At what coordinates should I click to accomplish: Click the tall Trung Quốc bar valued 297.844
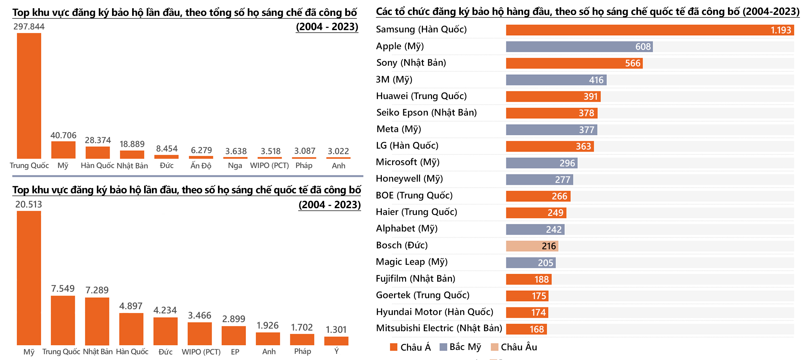(29, 96)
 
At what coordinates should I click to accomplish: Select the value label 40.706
(63, 135)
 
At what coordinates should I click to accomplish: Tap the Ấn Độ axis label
(201, 165)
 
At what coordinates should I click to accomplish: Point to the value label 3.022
(338, 151)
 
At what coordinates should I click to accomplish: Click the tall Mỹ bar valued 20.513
(29, 278)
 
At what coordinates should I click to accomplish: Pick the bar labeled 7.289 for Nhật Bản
(97, 321)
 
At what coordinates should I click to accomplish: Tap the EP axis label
(235, 352)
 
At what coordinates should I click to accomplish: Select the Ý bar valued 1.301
(336, 341)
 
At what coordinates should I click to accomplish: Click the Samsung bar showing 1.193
(649, 30)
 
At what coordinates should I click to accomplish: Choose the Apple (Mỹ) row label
(400, 46)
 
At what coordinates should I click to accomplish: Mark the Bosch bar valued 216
(532, 246)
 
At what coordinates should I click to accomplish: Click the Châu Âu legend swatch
(494, 347)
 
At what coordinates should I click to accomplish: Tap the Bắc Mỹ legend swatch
(443, 347)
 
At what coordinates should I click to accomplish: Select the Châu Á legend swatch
(393, 347)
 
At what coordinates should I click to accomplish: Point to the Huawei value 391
(590, 96)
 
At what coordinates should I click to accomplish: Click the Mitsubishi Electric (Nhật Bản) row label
(439, 328)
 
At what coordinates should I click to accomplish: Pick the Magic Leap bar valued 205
(530, 263)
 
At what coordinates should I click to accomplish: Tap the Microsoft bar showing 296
(541, 163)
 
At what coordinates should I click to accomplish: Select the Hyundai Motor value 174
(539, 312)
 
